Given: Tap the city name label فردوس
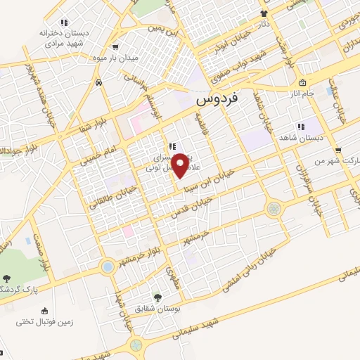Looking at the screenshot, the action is (217, 101).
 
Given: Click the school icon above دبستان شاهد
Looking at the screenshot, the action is (301, 127).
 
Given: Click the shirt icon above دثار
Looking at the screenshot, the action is (264, 13).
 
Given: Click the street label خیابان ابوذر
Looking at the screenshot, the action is (221, 44).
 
